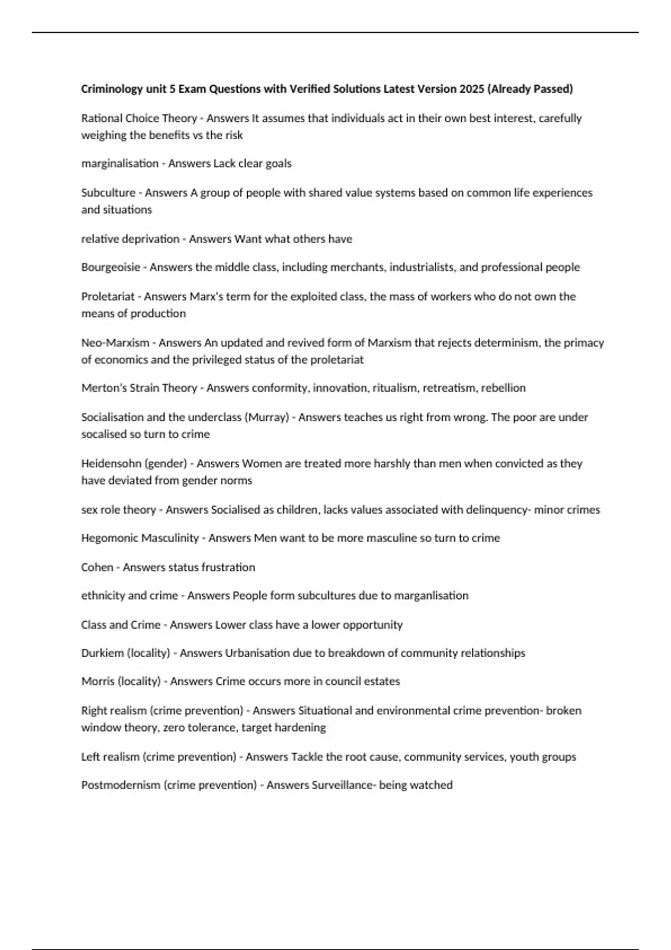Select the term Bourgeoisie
point(111,267)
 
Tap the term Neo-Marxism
point(115,343)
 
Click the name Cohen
point(97,567)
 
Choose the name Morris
point(97,681)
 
